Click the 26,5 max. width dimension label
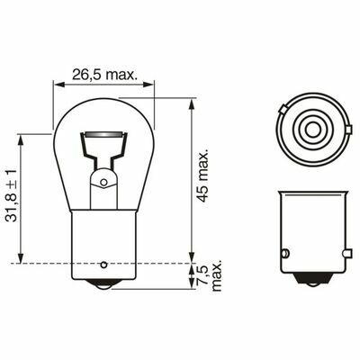[104, 75]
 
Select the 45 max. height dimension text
[203, 175]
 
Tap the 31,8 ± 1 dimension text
[13, 195]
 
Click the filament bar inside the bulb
[103, 134]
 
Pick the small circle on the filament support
[103, 182]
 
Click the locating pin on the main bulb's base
[103, 265]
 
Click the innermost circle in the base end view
[313, 130]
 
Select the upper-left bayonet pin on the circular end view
[283, 110]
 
